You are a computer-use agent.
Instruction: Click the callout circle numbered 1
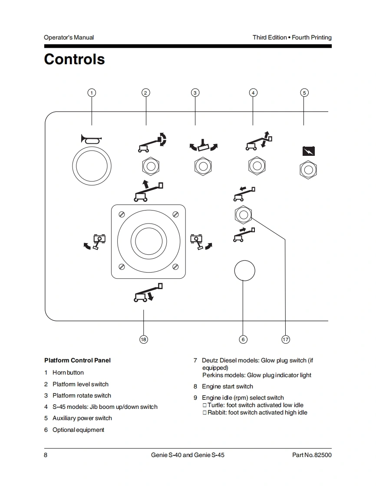92,92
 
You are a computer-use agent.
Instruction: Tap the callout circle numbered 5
304,92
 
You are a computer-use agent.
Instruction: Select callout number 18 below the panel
143,339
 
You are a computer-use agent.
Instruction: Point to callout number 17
286,339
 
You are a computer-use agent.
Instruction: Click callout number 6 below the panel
243,339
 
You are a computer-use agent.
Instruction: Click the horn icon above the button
91,139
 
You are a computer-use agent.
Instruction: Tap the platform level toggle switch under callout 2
150,166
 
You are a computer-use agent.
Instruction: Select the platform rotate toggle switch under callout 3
202,166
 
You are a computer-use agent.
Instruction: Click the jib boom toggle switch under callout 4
257,166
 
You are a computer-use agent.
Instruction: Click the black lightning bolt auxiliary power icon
308,151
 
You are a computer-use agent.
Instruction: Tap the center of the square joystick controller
148,240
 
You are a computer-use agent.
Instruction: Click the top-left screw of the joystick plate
122,214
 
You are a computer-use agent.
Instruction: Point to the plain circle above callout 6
244,271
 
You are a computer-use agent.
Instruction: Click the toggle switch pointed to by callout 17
243,214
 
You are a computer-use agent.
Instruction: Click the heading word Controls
74,59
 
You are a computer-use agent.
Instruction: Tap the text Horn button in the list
68,372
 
